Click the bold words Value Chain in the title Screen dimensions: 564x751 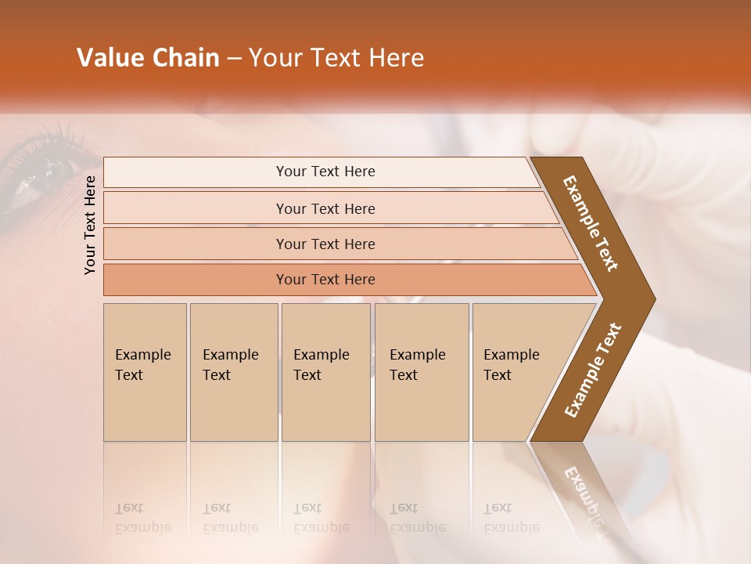(148, 58)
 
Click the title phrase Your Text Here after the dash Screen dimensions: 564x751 (336, 58)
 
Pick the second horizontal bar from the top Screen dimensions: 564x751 (325, 208)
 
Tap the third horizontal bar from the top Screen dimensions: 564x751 (325, 244)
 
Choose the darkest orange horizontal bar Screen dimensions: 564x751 (325, 280)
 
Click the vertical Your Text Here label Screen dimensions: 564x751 (91, 225)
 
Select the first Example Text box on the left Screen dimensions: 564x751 (145, 372)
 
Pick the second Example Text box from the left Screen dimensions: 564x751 (234, 372)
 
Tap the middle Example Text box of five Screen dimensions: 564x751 (325, 372)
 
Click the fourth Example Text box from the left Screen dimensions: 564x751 (422, 372)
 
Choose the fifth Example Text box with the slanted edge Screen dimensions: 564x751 (516, 372)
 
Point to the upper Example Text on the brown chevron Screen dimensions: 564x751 (591, 223)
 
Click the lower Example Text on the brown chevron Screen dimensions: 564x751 (592, 371)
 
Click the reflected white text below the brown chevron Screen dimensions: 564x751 (585, 501)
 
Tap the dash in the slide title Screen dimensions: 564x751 (234, 59)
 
